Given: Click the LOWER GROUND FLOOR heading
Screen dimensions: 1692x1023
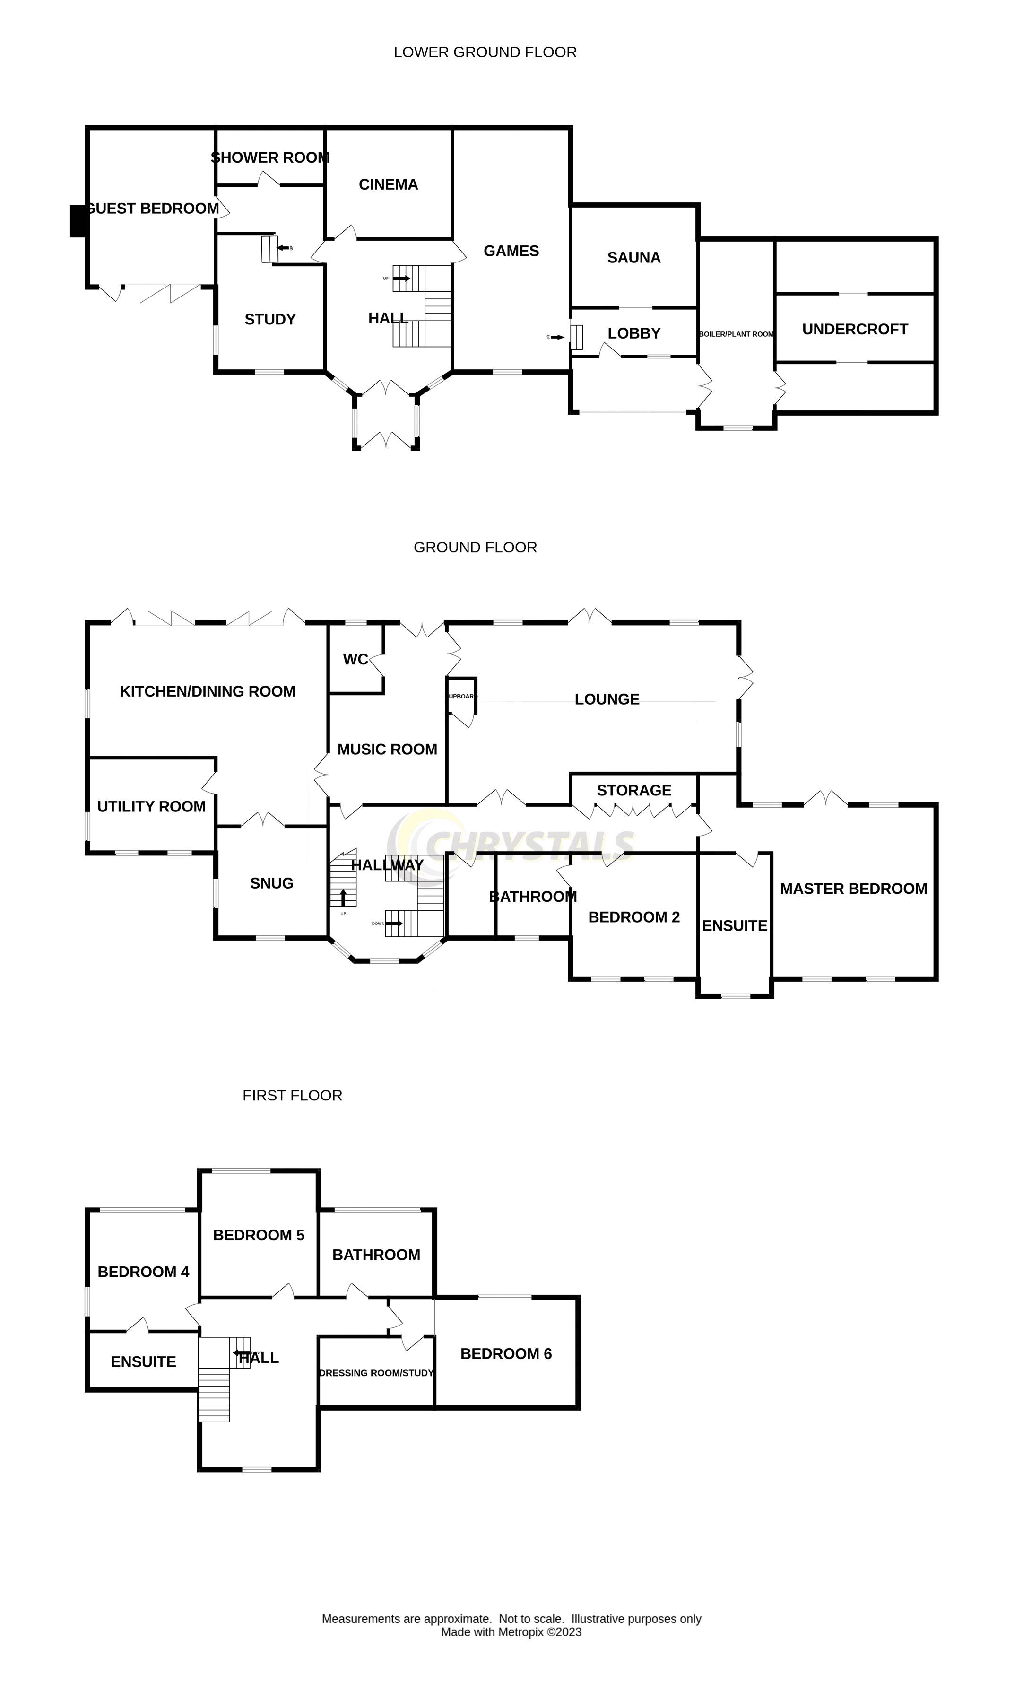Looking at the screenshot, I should pos(485,52).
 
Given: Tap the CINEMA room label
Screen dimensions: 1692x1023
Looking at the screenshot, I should pos(388,184).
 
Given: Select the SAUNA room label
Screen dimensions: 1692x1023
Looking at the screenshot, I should pos(633,258).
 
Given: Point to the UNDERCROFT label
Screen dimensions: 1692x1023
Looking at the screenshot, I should pos(854,329).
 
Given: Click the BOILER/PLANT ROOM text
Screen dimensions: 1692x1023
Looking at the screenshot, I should pos(735,334).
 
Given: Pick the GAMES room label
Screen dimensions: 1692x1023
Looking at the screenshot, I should pos(511,251).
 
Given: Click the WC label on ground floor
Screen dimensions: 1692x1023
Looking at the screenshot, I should pos(355,659).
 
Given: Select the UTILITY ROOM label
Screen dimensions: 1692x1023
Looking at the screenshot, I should pos(151,806).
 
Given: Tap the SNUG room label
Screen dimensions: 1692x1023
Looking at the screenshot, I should pos(271,883).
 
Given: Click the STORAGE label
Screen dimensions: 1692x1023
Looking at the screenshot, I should pos(633,790).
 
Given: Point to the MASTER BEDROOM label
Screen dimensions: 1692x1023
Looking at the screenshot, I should pos(853,889).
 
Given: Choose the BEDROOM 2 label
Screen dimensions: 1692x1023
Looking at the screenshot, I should pos(633,917).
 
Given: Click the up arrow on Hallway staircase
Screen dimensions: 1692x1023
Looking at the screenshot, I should pos(343,896).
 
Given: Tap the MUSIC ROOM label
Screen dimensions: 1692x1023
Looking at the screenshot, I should pos(387,749).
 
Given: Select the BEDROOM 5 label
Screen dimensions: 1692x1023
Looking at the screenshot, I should pos(258,1235).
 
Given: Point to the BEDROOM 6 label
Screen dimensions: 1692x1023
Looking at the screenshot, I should pos(505,1353).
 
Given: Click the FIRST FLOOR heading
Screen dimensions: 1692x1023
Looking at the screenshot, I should pos(292,1095).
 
